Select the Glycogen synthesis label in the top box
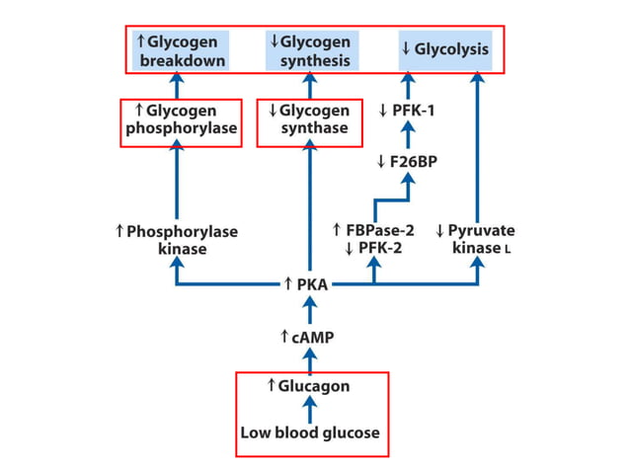point(310,51)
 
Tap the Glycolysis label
point(444,49)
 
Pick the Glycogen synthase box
point(309,119)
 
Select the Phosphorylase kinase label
point(177,240)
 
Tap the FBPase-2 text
point(375,231)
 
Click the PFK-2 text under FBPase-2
point(375,249)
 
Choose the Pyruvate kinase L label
point(475,240)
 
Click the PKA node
point(310,285)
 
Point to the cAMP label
point(310,337)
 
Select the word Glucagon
point(315,385)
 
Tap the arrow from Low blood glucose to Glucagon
point(310,410)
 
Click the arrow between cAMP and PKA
point(310,311)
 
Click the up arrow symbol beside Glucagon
point(272,385)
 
